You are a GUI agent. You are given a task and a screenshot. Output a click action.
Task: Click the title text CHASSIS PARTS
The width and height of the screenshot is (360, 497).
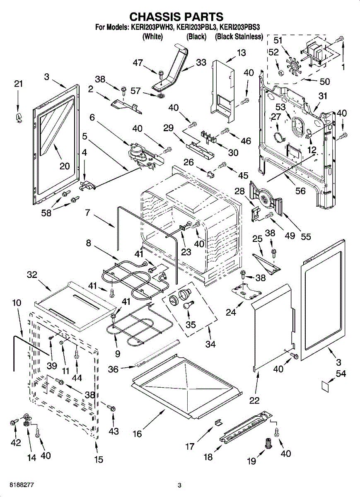point(176,16)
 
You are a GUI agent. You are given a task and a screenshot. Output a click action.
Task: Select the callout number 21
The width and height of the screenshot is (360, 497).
point(18,84)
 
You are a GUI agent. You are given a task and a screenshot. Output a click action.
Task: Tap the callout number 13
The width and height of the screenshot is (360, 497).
point(241,53)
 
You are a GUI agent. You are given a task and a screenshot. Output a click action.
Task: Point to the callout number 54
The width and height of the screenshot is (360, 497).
point(341,374)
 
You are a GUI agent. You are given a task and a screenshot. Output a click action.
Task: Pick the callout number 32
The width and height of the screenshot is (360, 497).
point(32,275)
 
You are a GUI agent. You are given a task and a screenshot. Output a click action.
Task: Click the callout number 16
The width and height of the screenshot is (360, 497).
point(137,434)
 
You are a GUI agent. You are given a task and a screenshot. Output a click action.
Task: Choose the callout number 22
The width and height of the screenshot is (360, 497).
point(254,400)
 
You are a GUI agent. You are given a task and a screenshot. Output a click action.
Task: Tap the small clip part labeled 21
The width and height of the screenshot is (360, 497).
point(18,118)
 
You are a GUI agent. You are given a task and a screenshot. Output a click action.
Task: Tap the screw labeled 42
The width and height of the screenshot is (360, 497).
point(12,422)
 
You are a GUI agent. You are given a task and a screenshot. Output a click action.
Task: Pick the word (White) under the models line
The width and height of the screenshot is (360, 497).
point(152,36)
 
